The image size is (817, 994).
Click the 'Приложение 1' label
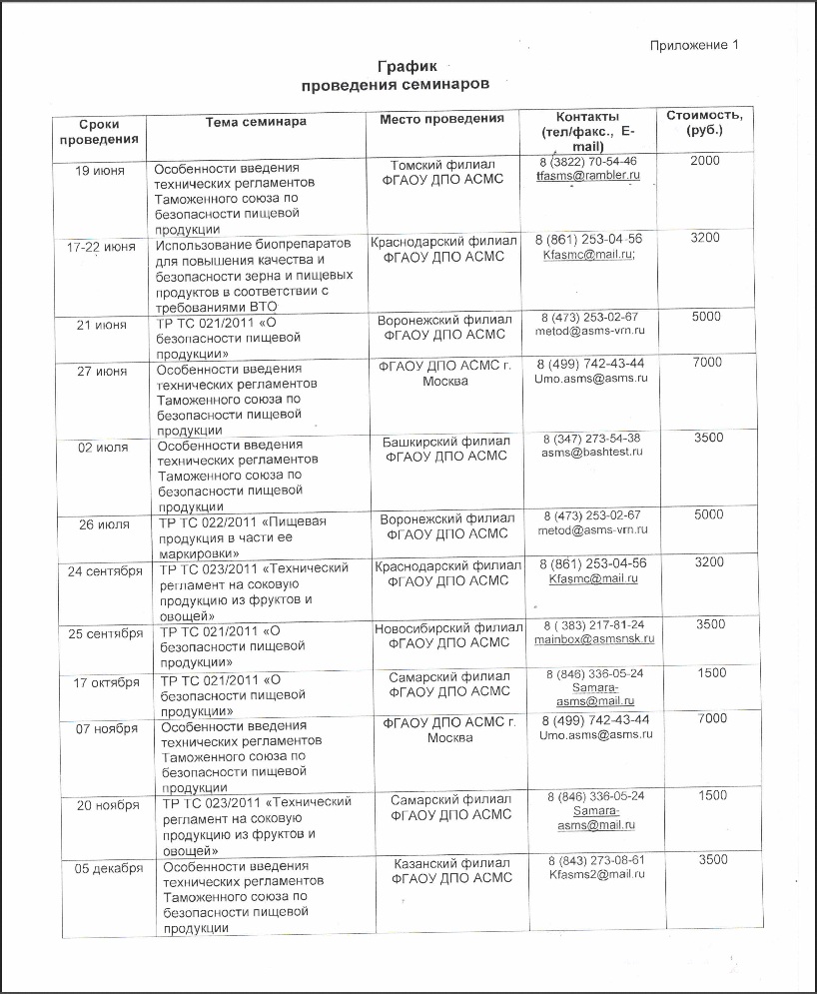point(694,45)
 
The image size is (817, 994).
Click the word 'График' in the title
point(408,65)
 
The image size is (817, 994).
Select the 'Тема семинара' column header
point(256,122)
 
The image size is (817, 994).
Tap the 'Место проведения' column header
point(441,120)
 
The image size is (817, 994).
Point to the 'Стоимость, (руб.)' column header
point(704,123)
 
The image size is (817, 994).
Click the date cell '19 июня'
point(101,171)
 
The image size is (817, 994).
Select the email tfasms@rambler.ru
point(587,176)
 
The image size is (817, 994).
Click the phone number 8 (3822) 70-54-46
point(587,161)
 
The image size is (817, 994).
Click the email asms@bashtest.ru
point(592,452)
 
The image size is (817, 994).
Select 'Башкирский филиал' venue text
point(446,441)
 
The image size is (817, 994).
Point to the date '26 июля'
point(102,524)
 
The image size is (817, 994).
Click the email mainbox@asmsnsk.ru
point(593,638)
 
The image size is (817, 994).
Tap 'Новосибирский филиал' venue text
point(448,628)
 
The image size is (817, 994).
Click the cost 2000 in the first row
point(704,161)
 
